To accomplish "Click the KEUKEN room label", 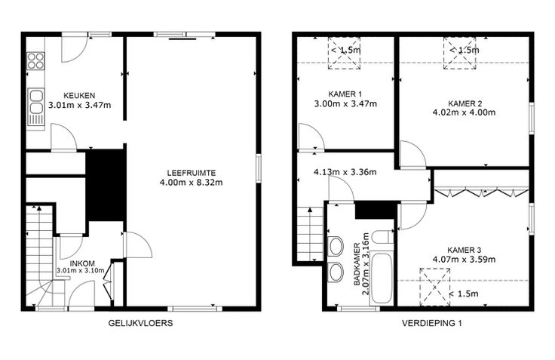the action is click(79, 96).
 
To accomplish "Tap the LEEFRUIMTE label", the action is click(192, 174).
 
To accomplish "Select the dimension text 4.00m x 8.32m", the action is click(192, 183).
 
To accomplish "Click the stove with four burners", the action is click(36, 60).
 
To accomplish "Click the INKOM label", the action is click(82, 263).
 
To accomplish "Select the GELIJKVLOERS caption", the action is click(140, 323).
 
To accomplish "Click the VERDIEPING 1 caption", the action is click(432, 323).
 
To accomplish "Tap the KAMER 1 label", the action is click(345, 94).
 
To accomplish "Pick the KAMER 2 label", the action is click(465, 103).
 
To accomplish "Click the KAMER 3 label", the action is click(464, 250).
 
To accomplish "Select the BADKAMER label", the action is click(357, 264).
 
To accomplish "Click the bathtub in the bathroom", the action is click(382, 278).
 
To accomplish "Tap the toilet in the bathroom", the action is click(383, 237).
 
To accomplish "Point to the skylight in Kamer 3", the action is click(435, 287).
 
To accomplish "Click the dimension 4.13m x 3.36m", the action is click(345, 173).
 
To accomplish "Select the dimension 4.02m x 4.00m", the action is click(464, 112).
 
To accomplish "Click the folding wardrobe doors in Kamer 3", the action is click(482, 193).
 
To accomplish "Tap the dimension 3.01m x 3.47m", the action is click(80, 105).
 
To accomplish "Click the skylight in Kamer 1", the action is click(345, 53).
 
